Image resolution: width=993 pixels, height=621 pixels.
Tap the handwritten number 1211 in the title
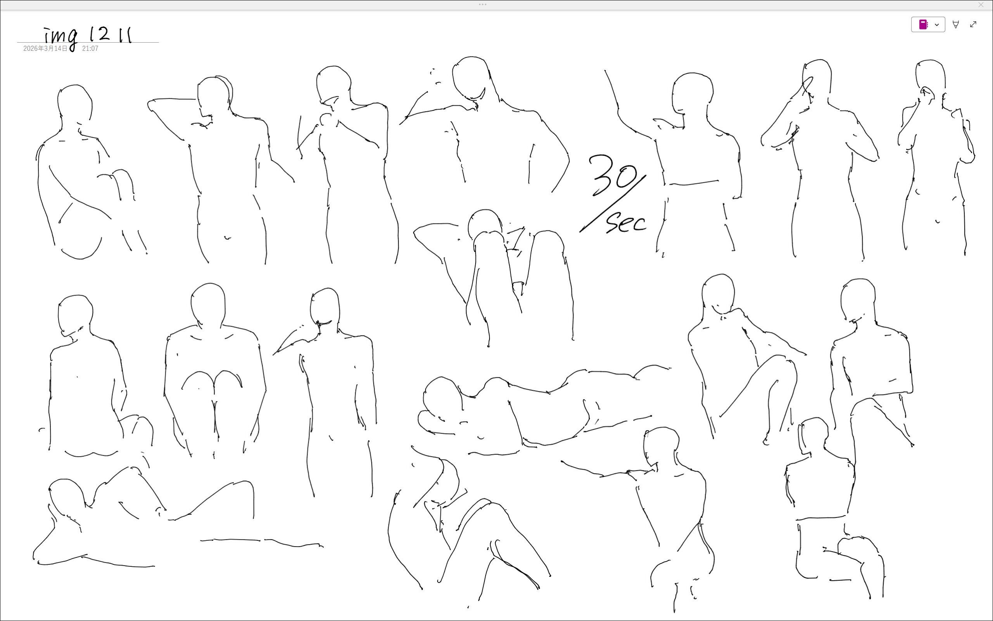[111, 35]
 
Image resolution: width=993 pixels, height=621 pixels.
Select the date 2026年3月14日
[45, 48]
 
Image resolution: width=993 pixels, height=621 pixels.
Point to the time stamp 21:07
[90, 48]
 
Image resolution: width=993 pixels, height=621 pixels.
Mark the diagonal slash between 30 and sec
[613, 204]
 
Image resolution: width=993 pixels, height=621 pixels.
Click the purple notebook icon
[923, 25]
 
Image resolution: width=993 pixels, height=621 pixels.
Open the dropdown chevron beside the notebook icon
[937, 25]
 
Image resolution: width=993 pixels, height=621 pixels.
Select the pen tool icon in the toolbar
[956, 25]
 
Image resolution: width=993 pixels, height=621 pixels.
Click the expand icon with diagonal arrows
[973, 25]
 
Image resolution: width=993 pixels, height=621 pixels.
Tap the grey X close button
[981, 5]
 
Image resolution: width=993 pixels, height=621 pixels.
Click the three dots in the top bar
[483, 5]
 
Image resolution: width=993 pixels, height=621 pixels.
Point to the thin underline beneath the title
[88, 42]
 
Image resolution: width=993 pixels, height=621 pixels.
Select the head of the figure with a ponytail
[813, 435]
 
